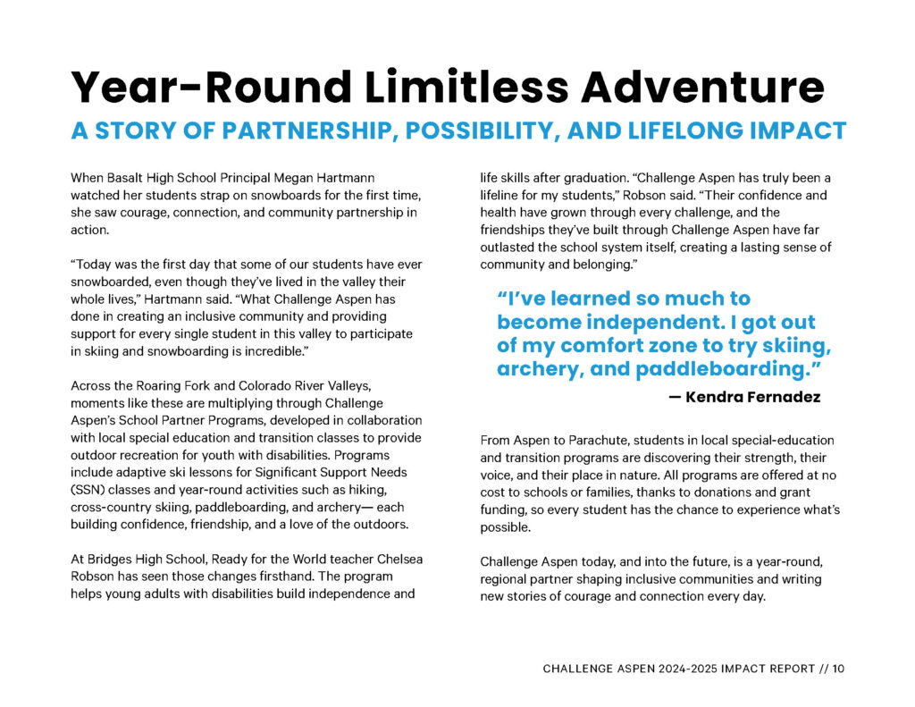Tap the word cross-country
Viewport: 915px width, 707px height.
coord(115,508)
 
